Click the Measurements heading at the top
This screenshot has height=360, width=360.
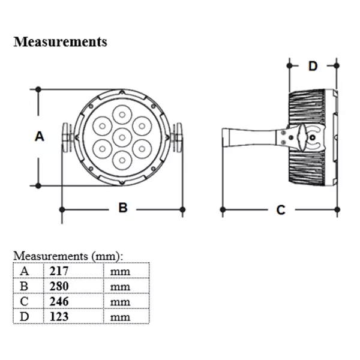click(60, 42)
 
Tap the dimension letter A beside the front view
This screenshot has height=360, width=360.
click(39, 136)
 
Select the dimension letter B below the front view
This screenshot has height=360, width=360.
click(123, 208)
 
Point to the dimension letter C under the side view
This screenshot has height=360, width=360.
click(280, 209)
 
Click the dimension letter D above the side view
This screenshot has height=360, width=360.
click(313, 65)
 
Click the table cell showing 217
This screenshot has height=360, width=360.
click(59, 271)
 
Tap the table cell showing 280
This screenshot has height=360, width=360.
click(59, 286)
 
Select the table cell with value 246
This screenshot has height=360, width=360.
click(59, 301)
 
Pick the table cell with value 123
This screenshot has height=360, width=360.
click(59, 316)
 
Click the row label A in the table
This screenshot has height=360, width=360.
click(25, 271)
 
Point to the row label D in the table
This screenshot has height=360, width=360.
click(25, 316)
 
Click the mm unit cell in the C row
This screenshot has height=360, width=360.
click(120, 301)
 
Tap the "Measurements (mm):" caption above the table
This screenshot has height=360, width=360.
click(68, 256)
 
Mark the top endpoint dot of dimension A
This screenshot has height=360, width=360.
click(38, 89)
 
